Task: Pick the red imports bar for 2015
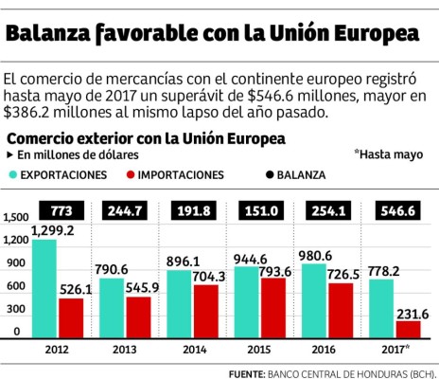[x=274, y=308]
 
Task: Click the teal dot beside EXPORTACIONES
[x=13, y=175]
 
